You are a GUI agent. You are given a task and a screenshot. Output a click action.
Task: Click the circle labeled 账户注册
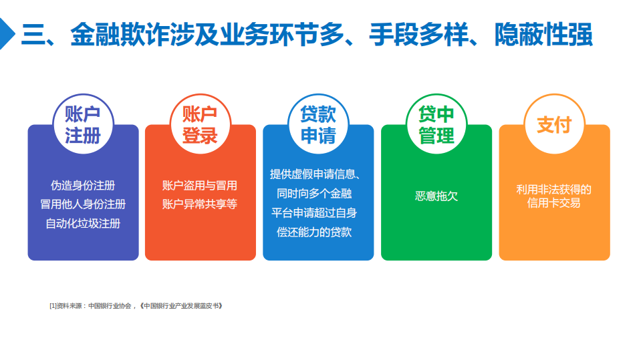(83, 124)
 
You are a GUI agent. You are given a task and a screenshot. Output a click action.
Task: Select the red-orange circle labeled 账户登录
(201, 124)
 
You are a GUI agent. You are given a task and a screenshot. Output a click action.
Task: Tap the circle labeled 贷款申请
(318, 124)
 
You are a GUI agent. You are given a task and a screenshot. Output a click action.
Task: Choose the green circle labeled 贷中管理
(436, 124)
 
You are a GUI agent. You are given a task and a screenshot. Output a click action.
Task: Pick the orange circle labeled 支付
(554, 124)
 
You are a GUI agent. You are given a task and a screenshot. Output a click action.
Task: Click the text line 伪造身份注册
(83, 186)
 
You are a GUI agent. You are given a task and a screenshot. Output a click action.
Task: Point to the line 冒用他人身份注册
(83, 204)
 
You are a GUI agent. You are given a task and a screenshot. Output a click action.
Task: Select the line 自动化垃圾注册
(83, 224)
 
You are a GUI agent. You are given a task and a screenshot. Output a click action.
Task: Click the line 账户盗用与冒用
(200, 186)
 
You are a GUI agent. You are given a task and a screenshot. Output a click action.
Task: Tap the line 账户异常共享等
(200, 204)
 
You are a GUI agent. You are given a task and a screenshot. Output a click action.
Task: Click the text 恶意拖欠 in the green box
(436, 196)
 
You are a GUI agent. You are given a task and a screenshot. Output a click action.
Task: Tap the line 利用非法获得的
(554, 189)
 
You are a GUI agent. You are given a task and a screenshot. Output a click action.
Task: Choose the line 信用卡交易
(554, 203)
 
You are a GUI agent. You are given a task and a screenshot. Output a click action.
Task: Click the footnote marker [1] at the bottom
(53, 306)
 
